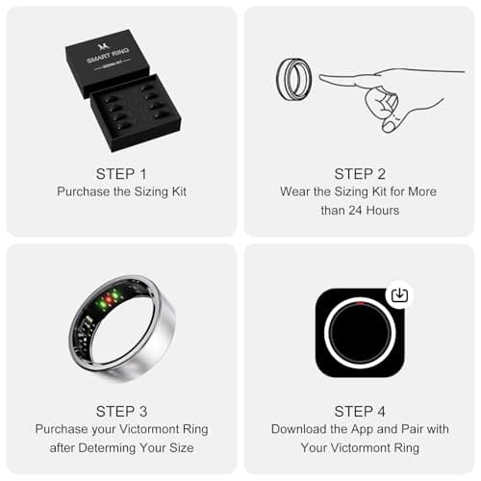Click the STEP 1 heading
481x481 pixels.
121,173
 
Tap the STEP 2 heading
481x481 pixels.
359,173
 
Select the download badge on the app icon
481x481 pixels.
399,295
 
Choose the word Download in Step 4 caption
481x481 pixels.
300,428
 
